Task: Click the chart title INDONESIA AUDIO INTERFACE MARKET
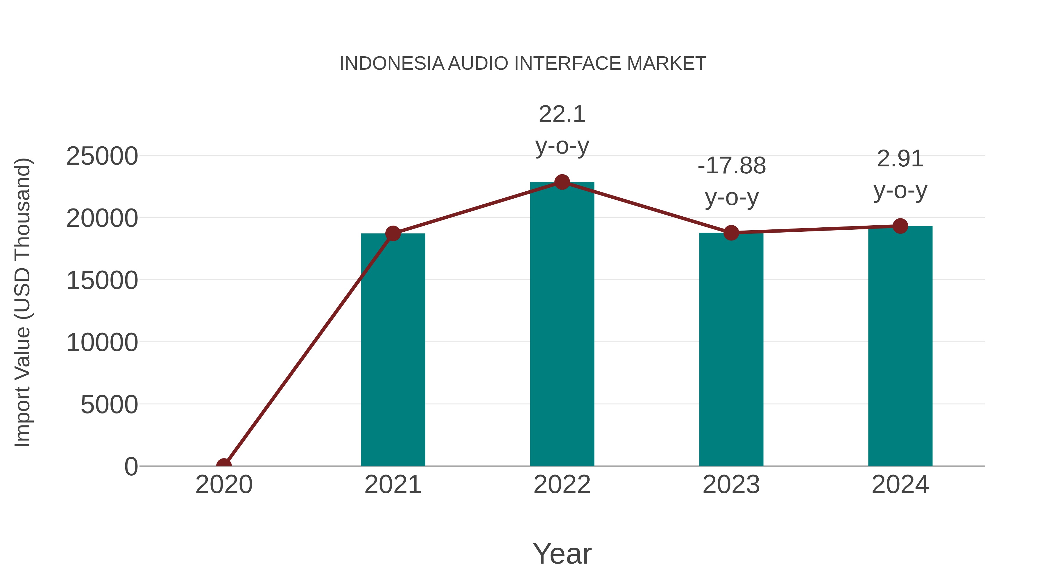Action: point(523,64)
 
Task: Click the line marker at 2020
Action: point(224,465)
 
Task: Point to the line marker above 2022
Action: point(562,182)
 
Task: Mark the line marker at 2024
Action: point(900,226)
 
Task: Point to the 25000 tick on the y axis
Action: point(102,156)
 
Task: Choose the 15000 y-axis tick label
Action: point(102,280)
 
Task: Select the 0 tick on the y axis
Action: point(131,467)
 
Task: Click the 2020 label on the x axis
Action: point(224,485)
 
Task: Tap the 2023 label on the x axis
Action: point(731,485)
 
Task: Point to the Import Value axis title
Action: point(23,302)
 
